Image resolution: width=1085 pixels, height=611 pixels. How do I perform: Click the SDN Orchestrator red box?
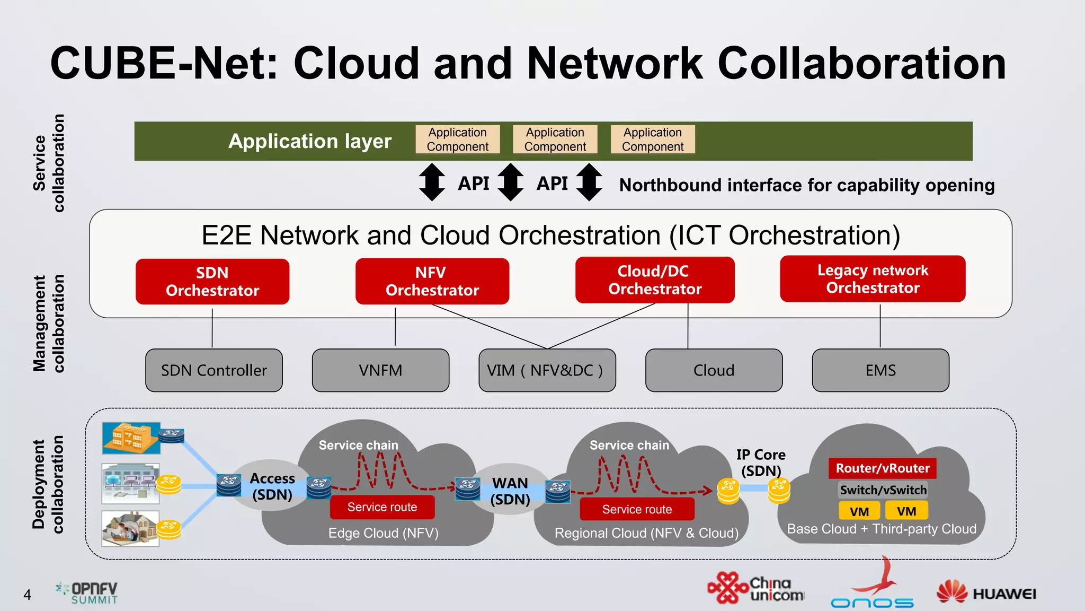pyautogui.click(x=212, y=282)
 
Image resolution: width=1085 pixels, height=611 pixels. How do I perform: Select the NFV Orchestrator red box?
pyautogui.click(x=432, y=282)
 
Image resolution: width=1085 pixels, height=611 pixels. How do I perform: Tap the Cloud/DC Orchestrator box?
pyautogui.click(x=654, y=280)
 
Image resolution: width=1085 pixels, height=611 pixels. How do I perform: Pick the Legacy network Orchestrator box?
pyautogui.click(x=873, y=279)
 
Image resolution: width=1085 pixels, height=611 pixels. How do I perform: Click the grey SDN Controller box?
pyautogui.click(x=214, y=370)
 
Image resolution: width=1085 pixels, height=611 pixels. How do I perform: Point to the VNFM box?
pyautogui.click(x=380, y=370)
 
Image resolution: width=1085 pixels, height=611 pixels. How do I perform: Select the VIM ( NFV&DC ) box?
pyautogui.click(x=547, y=370)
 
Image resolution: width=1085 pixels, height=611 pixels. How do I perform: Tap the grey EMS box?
pyautogui.click(x=880, y=370)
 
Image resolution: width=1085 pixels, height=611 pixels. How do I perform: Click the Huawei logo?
pyautogui.click(x=986, y=592)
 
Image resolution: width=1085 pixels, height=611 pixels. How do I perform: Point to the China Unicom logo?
pyautogui.click(x=755, y=588)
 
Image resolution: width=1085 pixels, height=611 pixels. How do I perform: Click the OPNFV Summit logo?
pyautogui.click(x=87, y=593)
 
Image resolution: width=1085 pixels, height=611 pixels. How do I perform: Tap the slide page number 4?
pyautogui.click(x=27, y=595)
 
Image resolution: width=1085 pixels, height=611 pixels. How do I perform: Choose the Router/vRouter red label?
pyautogui.click(x=882, y=468)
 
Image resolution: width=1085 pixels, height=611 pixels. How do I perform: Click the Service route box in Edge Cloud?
pyautogui.click(x=382, y=507)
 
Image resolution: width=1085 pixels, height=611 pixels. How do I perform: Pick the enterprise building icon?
pyautogui.click(x=131, y=438)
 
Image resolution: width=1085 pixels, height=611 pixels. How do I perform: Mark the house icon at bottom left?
pyautogui.click(x=130, y=528)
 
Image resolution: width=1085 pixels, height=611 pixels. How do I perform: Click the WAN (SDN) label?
pyautogui.click(x=510, y=491)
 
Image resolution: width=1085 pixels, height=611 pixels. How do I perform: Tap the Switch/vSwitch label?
pyautogui.click(x=883, y=490)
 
